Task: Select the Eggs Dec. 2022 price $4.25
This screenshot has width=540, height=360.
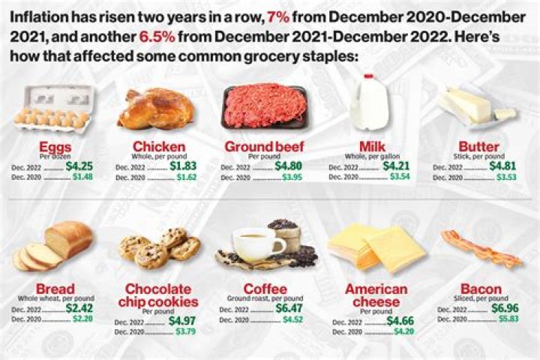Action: pyautogui.click(x=79, y=166)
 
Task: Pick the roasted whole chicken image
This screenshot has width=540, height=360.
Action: pyautogui.click(x=155, y=108)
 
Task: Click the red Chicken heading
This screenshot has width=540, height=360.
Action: pyautogui.click(x=159, y=146)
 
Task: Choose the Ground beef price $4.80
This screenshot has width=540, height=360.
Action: pyautogui.click(x=288, y=166)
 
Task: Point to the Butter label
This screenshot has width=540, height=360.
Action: pyautogui.click(x=478, y=146)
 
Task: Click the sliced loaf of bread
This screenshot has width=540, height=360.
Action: pyautogui.click(x=54, y=247)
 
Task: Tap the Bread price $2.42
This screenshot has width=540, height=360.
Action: pyautogui.click(x=79, y=307)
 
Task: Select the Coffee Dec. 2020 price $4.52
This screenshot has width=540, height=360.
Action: pyautogui.click(x=293, y=318)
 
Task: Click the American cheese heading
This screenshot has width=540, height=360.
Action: pyautogui.click(x=376, y=295)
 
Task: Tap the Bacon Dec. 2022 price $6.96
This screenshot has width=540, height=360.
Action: pyautogui.click(x=505, y=307)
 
